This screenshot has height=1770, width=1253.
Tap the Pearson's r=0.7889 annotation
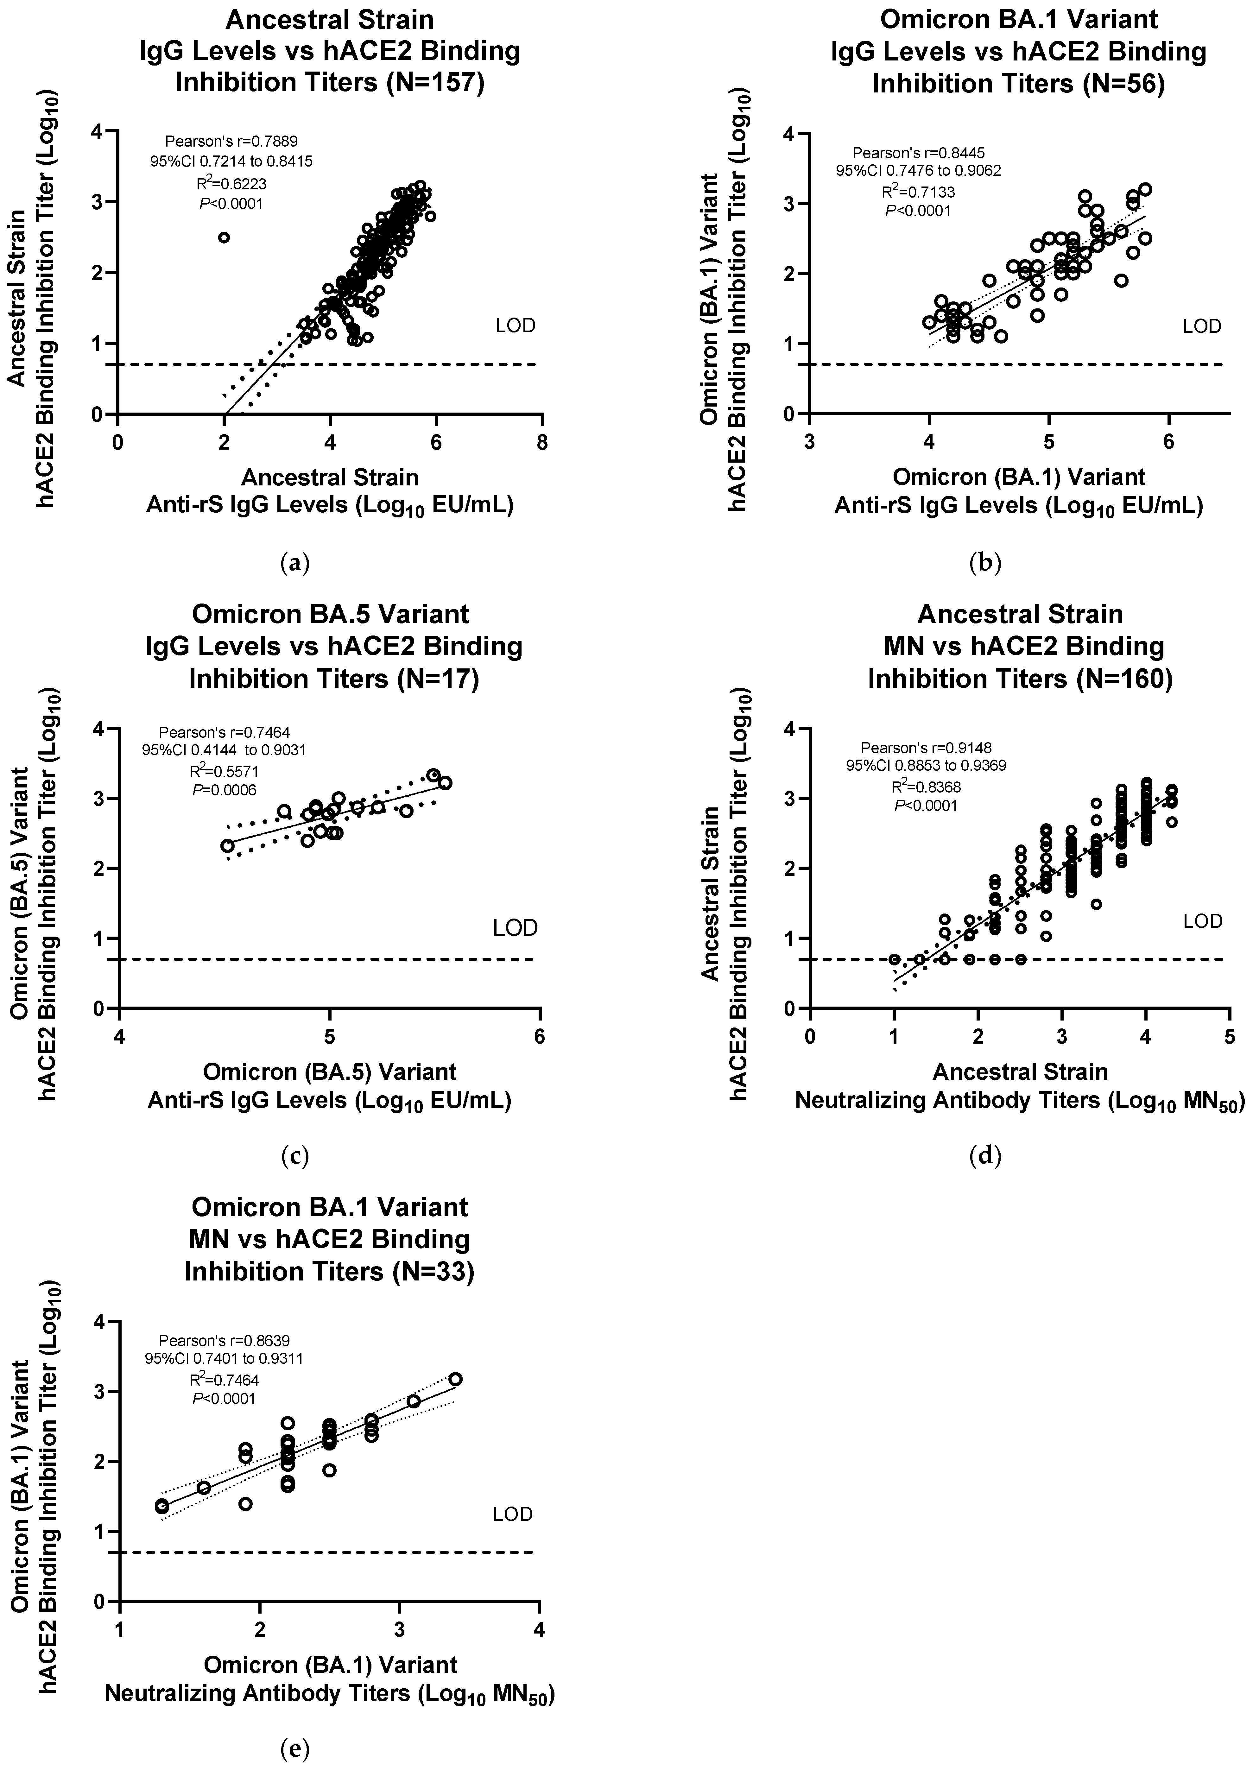tap(231, 141)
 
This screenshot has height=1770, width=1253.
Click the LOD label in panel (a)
tap(516, 326)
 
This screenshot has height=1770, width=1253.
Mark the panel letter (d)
tap(984, 1156)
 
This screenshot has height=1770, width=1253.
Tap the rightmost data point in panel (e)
tap(455, 1379)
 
